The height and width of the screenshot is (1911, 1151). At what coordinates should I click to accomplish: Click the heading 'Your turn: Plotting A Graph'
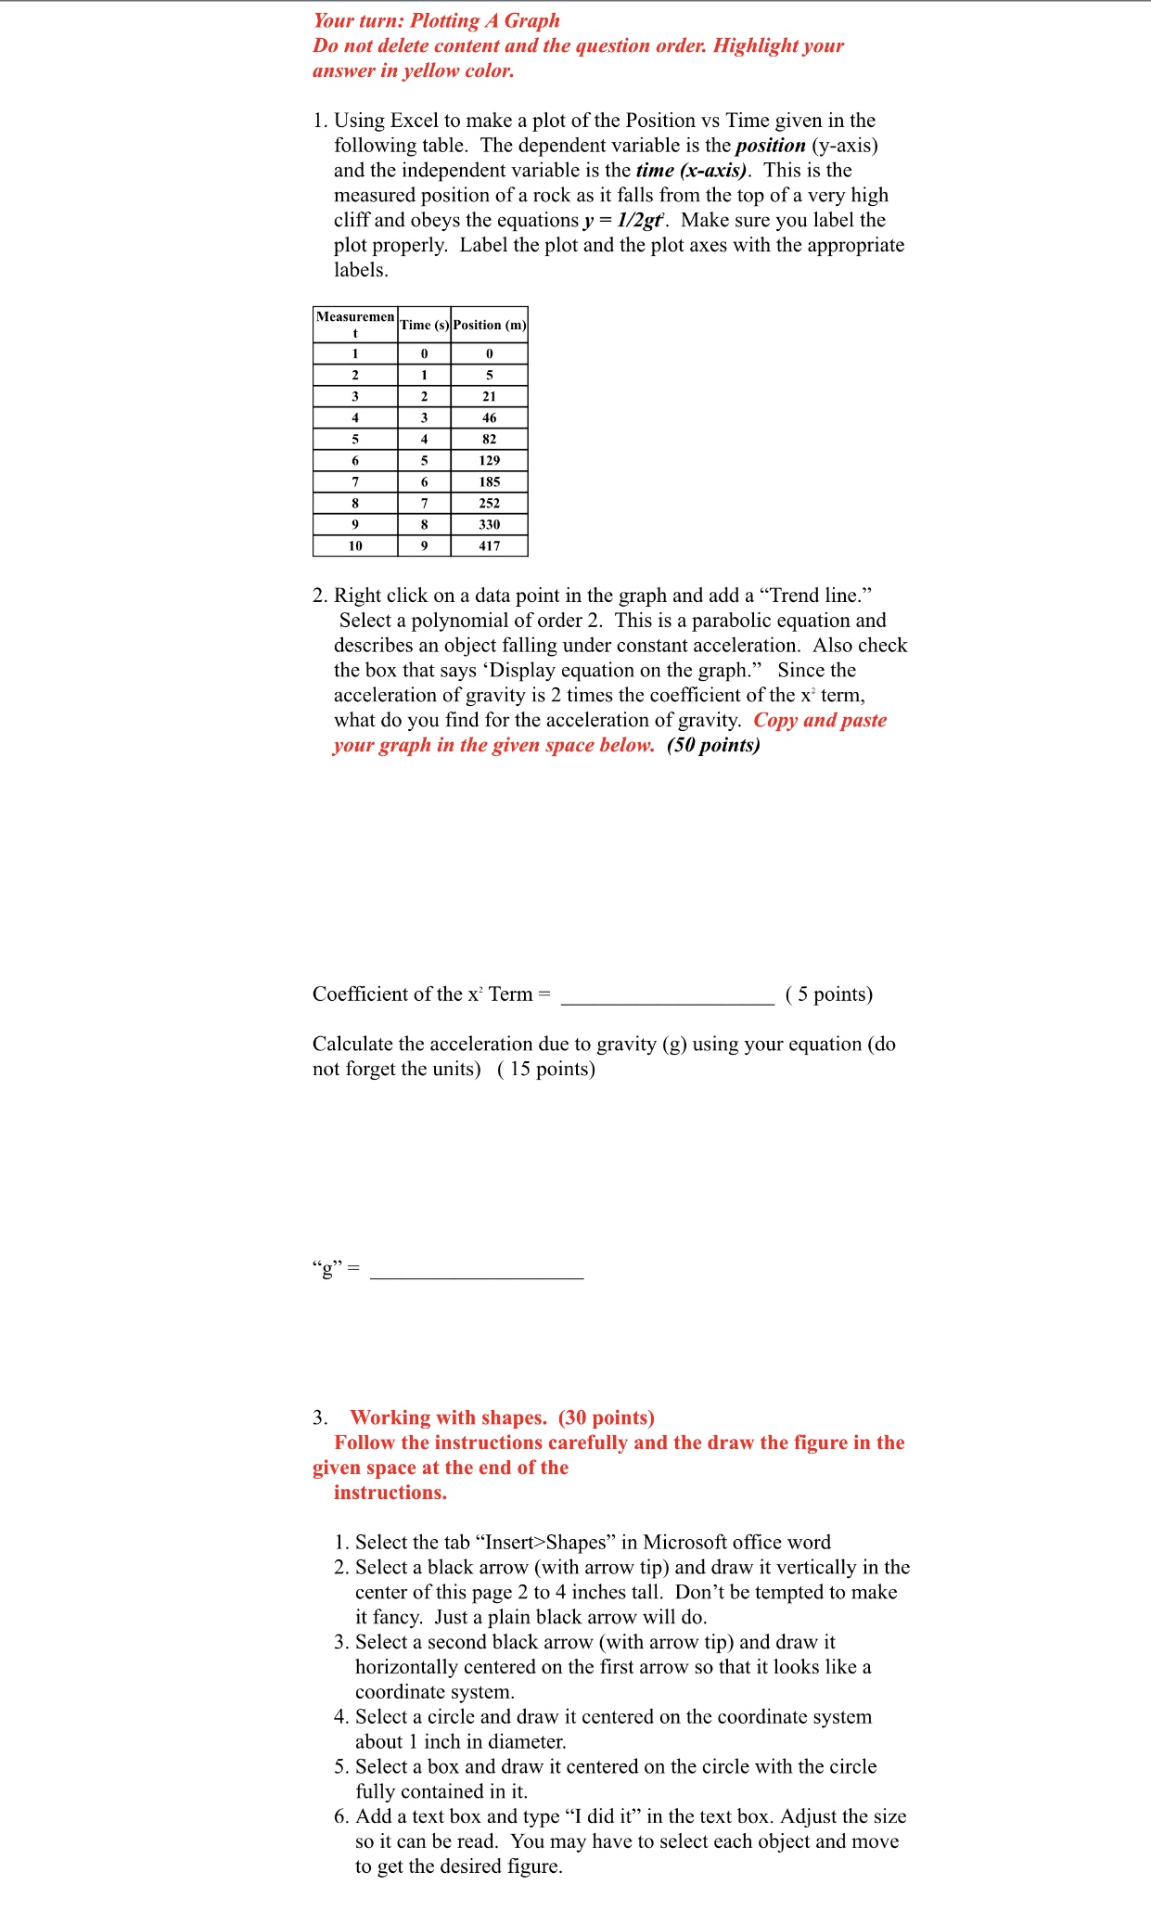point(436,20)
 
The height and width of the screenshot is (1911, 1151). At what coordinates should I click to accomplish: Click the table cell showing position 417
point(489,545)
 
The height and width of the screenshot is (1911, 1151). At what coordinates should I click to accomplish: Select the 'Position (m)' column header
point(489,325)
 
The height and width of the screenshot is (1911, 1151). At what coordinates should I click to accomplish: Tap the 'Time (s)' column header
point(424,325)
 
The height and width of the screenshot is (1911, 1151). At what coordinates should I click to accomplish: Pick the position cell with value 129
point(489,460)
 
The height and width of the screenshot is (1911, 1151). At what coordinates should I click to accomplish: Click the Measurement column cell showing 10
point(355,545)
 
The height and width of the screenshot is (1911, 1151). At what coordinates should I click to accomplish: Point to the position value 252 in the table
point(489,503)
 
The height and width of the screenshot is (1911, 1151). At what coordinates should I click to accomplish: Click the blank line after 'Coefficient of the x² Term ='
point(667,996)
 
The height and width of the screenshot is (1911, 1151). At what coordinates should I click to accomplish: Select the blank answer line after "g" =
point(476,1271)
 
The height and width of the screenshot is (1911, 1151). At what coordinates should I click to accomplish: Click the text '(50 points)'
point(713,745)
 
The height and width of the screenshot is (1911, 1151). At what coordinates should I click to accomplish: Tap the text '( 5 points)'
point(828,994)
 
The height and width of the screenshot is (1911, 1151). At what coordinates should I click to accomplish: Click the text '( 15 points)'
point(546,1069)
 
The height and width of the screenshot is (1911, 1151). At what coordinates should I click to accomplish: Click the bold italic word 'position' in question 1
point(770,145)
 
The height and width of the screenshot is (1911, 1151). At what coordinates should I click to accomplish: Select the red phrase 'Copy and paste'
point(820,720)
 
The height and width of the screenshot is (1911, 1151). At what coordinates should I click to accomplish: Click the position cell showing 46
point(489,417)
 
